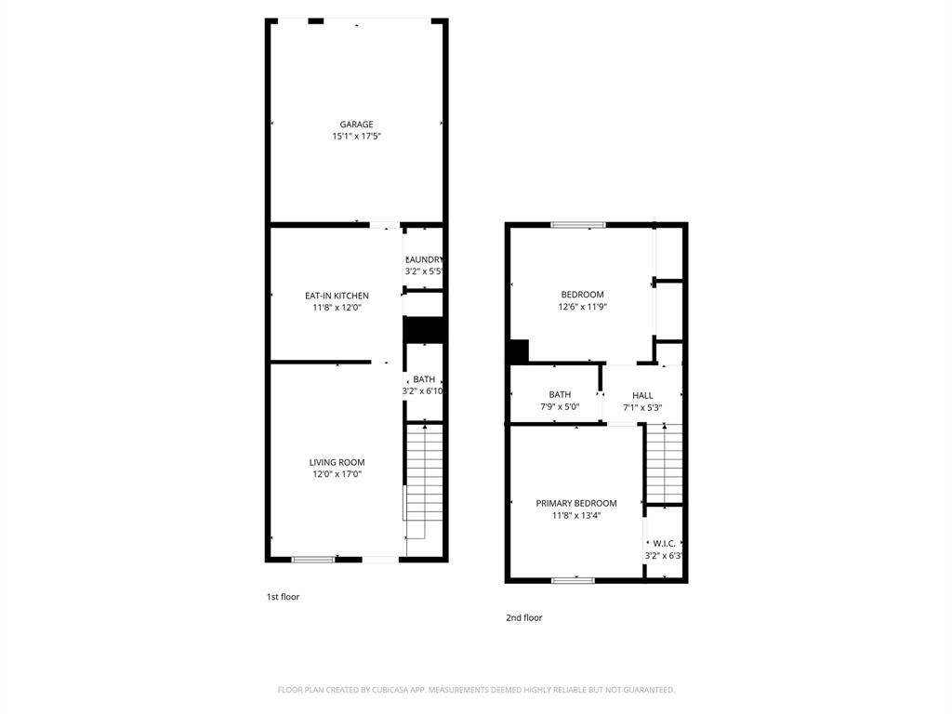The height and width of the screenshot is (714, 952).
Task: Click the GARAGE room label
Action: point(356,124)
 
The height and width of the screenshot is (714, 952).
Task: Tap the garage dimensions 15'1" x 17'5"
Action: point(356,137)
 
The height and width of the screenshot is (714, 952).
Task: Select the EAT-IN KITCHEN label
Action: point(337,296)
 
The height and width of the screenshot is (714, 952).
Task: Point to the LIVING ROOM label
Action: point(337,462)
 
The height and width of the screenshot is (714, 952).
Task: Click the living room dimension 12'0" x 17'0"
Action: point(337,475)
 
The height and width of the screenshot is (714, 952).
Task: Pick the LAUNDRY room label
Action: point(424,259)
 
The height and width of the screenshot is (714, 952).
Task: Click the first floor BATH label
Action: point(424,379)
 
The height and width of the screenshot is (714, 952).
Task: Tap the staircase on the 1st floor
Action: point(425,479)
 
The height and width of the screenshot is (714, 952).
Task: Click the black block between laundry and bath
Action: point(425,331)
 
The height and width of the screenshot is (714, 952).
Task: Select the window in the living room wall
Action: point(313,559)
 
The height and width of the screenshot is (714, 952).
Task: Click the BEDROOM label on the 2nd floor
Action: point(582,295)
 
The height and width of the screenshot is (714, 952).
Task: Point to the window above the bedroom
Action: point(578,225)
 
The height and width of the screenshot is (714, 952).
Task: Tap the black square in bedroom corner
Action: point(519,351)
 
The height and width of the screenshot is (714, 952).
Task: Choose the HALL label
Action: point(642,395)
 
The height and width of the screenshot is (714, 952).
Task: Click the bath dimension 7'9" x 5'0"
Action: point(560,407)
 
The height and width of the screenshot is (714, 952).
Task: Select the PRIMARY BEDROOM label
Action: point(575,503)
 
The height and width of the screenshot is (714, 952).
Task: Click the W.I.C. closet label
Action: point(664,544)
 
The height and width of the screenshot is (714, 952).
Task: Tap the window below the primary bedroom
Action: point(573,580)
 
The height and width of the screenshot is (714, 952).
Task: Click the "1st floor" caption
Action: point(284,597)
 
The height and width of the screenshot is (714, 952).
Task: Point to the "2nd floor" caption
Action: point(523,617)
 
